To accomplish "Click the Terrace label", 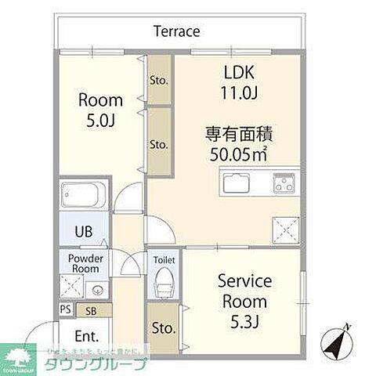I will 176,31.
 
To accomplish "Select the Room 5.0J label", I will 100,110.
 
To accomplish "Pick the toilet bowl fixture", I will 164,282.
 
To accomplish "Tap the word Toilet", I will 164,260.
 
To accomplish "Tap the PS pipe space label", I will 64,310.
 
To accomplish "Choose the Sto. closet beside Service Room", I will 163,327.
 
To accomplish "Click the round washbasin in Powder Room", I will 96,286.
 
